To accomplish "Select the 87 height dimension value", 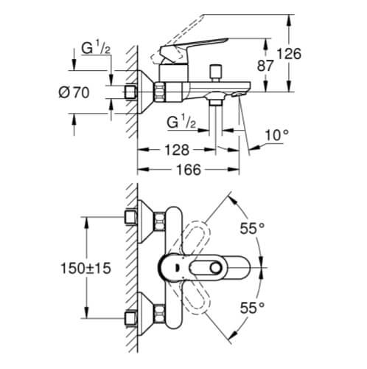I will pyautogui.click(x=267, y=65).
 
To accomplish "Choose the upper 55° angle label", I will pyautogui.click(x=251, y=230).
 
